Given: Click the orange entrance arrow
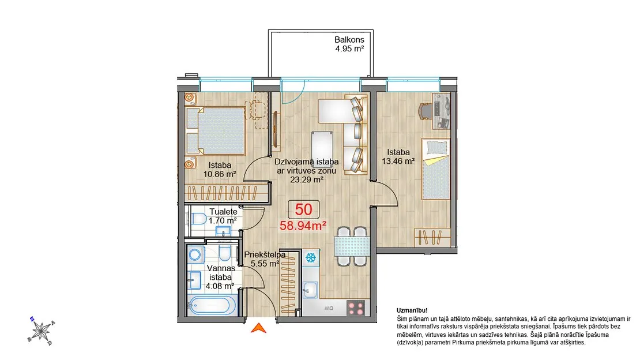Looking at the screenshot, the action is tap(258, 328).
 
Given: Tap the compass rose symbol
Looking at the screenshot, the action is tap(41, 331).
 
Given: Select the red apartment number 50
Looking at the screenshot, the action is tap(304, 209).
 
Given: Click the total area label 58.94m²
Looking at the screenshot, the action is tap(303, 225).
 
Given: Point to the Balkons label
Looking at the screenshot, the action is tap(349, 40).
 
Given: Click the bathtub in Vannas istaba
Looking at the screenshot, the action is tap(212, 306).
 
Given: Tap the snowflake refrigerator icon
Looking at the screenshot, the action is tap(311, 258).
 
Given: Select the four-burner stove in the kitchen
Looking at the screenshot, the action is tap(356, 307).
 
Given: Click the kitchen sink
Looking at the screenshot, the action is tap(311, 290).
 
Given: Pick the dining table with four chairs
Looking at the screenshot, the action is tap(352, 246).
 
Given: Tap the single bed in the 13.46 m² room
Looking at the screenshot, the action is tap(435, 169).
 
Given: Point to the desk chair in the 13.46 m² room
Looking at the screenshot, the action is tap(425, 110).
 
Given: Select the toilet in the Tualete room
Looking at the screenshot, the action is tap(198, 219).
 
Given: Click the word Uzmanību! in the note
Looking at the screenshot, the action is tap(412, 310).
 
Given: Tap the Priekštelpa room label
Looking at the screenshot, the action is tap(265, 254).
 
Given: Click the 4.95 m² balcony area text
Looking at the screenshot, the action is tap(349, 48).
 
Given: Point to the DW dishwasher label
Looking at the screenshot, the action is tap(329, 308).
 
